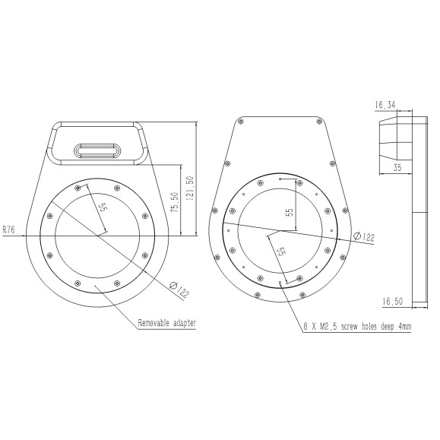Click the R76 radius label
[x=9, y=227]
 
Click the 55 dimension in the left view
[x=101, y=207]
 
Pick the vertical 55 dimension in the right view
[x=289, y=212]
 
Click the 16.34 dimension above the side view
[x=385, y=106]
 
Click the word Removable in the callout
[x=155, y=323]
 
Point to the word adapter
[x=185, y=323]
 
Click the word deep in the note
[x=388, y=327]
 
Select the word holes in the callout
[x=369, y=327]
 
